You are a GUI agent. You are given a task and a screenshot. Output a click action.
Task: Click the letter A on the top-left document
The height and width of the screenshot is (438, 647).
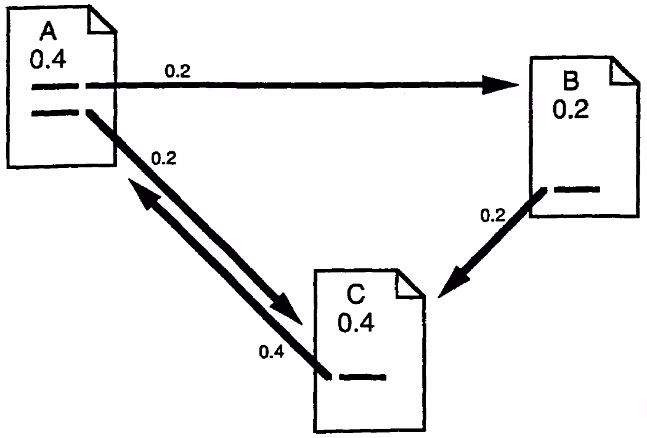(46, 29)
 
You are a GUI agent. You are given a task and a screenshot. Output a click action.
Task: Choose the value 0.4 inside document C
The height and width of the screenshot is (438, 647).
(356, 322)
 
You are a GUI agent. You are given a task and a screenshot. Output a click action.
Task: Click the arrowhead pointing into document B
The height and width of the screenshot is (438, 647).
(502, 86)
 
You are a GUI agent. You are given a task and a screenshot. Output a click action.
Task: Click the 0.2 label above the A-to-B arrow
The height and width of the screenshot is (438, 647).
(177, 71)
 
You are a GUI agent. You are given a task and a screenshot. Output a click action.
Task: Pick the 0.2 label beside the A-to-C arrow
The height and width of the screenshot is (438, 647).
(163, 158)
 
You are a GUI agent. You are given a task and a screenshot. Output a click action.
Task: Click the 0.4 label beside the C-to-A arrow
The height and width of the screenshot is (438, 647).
(272, 352)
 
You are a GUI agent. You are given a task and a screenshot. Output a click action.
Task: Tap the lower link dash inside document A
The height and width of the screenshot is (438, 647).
(55, 112)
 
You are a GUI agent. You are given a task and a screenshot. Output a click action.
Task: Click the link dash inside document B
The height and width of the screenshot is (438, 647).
(577, 189)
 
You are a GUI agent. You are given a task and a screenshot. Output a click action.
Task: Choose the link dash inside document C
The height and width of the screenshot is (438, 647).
(362, 376)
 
